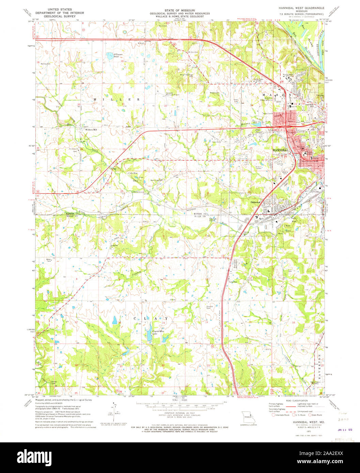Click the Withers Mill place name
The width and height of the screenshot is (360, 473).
point(91,130)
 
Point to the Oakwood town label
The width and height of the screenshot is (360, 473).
point(255,202)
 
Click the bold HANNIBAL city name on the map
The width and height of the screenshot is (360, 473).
point(281,150)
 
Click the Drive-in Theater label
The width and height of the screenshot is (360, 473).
point(261,167)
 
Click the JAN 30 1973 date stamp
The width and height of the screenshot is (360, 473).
point(345,430)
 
